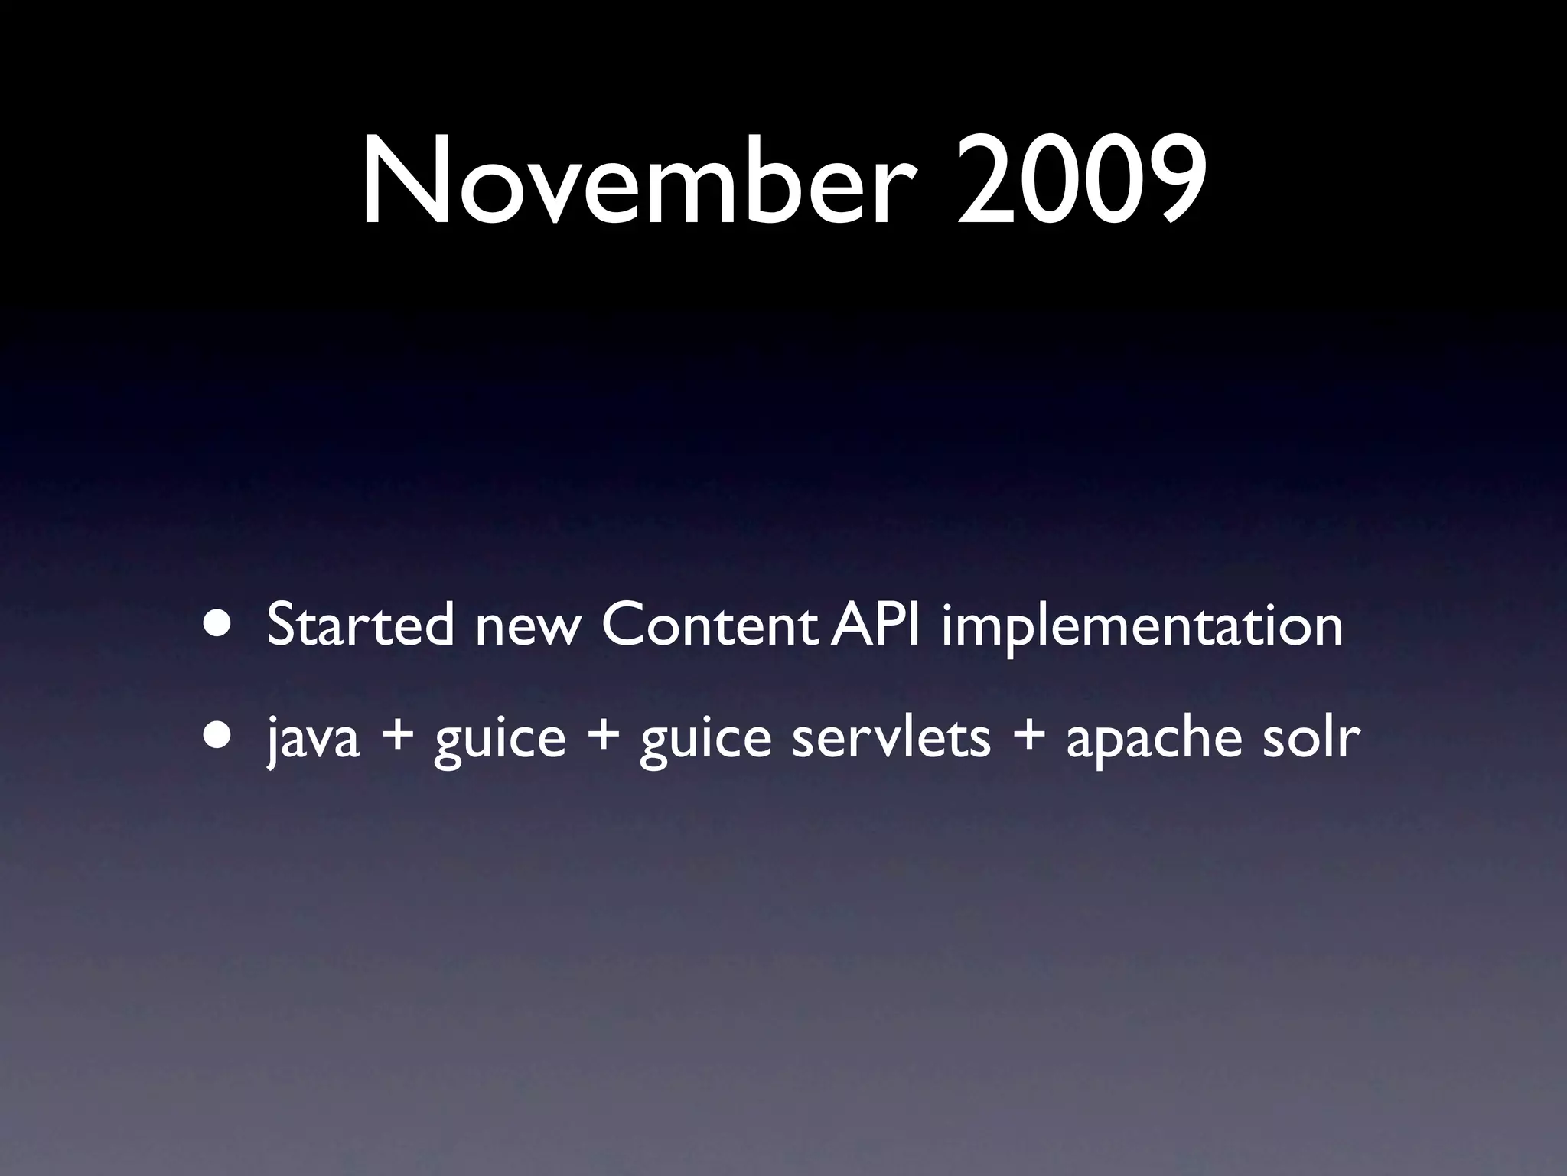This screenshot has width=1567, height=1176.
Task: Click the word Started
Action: [x=360, y=625]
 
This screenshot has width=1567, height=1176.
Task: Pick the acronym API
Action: [x=875, y=625]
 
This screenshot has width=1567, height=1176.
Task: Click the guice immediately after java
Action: [x=500, y=741]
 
